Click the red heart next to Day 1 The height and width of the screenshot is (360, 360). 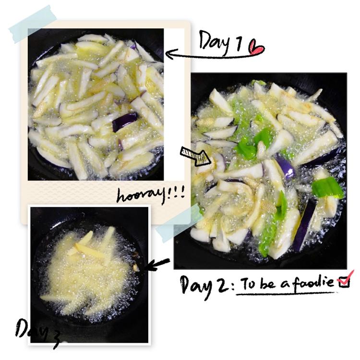[256, 48]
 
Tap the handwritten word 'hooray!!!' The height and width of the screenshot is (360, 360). [151, 195]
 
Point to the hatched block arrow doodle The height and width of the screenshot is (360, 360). [195, 156]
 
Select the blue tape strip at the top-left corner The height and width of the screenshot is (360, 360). [33, 24]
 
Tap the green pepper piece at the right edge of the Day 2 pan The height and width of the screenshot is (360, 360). [328, 188]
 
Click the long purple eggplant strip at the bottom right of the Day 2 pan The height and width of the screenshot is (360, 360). [304, 225]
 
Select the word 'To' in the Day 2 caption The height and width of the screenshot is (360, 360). [249, 284]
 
